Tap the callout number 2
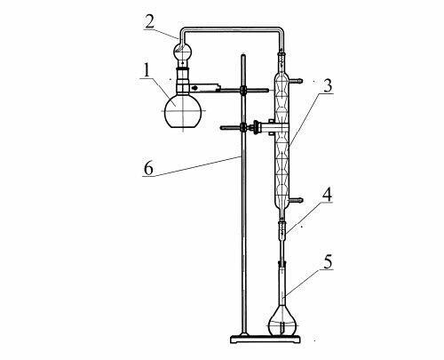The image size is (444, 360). (150, 21)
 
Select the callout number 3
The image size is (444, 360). (327, 85)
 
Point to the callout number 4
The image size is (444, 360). (327, 194)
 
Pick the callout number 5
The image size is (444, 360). (328, 261)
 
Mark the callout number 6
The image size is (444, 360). (148, 169)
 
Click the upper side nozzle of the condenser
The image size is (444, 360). (296, 80)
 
